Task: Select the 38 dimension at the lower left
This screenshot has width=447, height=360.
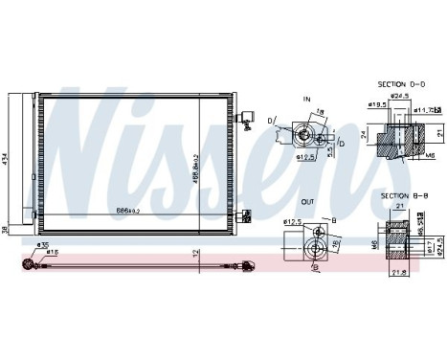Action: [x=5, y=228]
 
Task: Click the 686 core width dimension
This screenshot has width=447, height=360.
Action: [x=126, y=209]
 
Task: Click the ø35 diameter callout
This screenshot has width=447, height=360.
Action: [x=42, y=245]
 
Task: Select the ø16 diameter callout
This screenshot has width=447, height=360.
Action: [x=54, y=253]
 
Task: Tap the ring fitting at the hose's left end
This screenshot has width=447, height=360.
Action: [x=29, y=261]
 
